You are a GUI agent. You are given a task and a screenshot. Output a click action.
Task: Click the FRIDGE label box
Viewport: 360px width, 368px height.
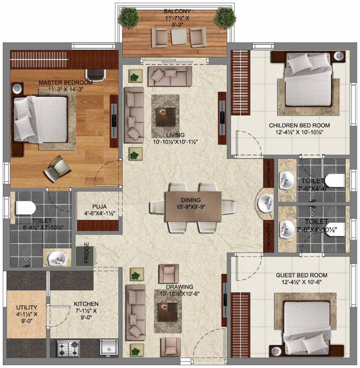coord(85,256)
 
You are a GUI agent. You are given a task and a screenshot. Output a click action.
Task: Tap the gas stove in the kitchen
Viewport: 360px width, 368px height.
coord(68,348)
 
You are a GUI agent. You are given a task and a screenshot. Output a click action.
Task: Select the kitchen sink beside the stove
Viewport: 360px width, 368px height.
coord(109,347)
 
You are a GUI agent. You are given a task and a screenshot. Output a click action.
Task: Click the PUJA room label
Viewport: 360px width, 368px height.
coord(99,207)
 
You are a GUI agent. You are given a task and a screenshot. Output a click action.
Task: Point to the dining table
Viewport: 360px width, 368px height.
coord(193,207)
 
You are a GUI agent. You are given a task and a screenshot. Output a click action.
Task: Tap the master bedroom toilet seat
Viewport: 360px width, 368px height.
coord(25,207)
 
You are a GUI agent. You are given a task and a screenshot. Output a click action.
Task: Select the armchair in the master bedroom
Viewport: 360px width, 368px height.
coord(57,169)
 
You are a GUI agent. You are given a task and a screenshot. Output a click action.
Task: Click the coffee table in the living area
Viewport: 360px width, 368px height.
coord(166,117)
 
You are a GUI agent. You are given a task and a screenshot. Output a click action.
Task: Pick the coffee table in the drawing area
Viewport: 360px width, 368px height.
coord(168,312)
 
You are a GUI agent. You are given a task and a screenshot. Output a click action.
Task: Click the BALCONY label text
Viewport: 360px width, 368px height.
coord(177,11)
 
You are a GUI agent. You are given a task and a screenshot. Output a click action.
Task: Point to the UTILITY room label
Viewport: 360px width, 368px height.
coord(26,308)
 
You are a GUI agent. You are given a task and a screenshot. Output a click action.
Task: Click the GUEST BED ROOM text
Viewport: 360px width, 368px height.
coord(302,275)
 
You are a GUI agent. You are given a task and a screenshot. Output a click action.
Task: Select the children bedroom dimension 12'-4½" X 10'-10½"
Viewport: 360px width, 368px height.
coord(300,132)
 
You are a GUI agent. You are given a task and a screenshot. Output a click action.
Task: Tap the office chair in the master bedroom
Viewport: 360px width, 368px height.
coord(95,75)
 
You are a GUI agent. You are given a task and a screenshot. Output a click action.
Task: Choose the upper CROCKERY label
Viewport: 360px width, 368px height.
coord(268,173)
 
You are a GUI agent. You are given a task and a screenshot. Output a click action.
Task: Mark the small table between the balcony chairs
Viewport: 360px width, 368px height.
coord(178,36)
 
